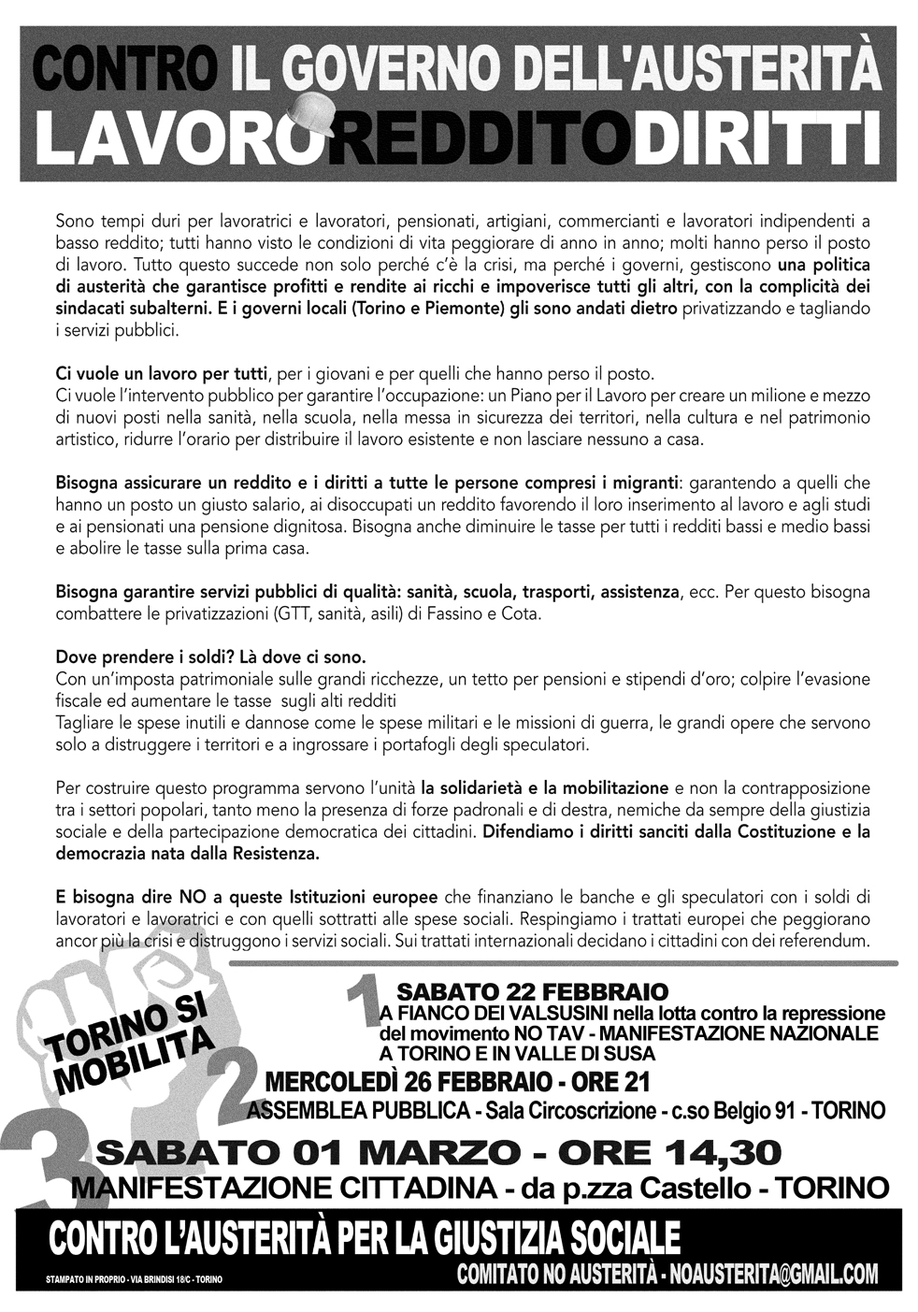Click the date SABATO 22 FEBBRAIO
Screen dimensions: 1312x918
point(533,991)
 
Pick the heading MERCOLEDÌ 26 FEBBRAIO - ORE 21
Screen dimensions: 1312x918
point(457,1082)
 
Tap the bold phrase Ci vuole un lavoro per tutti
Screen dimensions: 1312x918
point(162,375)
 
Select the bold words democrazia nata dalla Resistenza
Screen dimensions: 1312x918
point(187,854)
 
